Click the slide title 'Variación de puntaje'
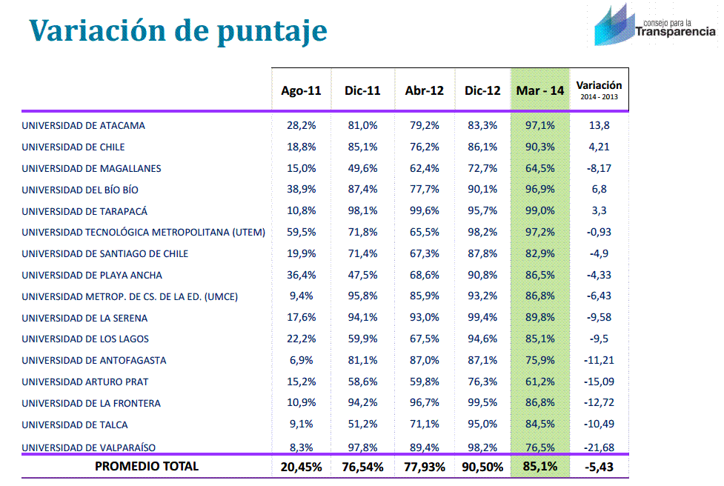pyautogui.click(x=178, y=31)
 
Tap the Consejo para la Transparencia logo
pyautogui.click(x=655, y=26)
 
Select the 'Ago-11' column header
pyautogui.click(x=301, y=90)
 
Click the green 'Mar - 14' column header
pyautogui.click(x=539, y=90)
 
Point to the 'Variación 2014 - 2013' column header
pyautogui.click(x=599, y=90)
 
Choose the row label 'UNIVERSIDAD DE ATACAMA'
pyautogui.click(x=83, y=126)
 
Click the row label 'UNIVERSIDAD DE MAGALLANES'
pyautogui.click(x=91, y=168)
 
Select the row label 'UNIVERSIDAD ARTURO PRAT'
pyautogui.click(x=84, y=382)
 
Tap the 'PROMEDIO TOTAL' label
pyautogui.click(x=147, y=467)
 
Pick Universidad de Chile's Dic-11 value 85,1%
pyautogui.click(x=362, y=147)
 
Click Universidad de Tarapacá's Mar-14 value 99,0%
pyautogui.click(x=539, y=211)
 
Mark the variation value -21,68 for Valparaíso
pyautogui.click(x=599, y=447)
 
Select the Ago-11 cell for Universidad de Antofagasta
pyautogui.click(x=301, y=361)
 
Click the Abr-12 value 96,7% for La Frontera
pyautogui.click(x=424, y=404)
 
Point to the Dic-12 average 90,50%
pyautogui.click(x=482, y=467)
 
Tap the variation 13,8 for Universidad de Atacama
pyautogui.click(x=599, y=126)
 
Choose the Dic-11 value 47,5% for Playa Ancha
pyautogui.click(x=362, y=275)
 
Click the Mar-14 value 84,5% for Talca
pyautogui.click(x=539, y=425)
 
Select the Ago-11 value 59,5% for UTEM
pyautogui.click(x=301, y=233)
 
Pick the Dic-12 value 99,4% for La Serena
pyautogui.click(x=482, y=318)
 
